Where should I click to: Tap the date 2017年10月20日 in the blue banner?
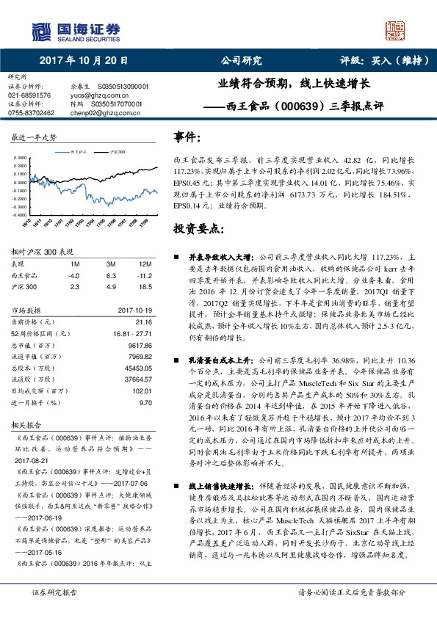(x=84, y=61)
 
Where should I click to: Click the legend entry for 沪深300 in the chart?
(x=118, y=152)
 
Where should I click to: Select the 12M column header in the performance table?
(x=145, y=263)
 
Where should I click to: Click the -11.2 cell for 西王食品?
(x=144, y=275)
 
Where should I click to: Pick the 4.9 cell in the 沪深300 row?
(x=112, y=286)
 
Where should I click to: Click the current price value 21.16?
(x=143, y=321)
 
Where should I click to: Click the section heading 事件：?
(x=186, y=137)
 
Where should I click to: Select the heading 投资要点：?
(x=196, y=229)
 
